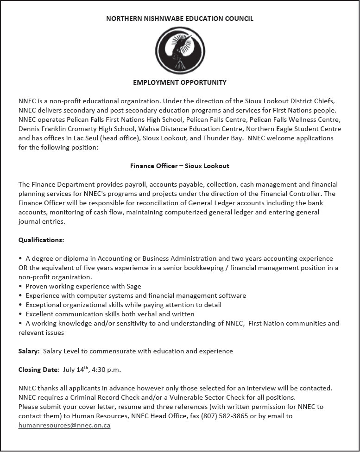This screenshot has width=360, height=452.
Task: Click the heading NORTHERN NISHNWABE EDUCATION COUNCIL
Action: pos(180,19)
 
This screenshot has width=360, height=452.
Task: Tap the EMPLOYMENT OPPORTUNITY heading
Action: pos(180,83)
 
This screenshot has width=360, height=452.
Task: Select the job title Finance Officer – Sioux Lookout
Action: pos(180,166)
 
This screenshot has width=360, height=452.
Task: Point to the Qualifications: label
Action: pos(41,240)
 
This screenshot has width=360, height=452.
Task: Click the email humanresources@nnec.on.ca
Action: pos(64,426)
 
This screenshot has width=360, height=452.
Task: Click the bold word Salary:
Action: pos(29,351)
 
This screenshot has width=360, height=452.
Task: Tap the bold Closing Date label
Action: pos(38,370)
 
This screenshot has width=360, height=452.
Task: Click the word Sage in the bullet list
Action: pos(133,286)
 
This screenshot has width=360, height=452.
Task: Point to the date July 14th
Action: pos(75,370)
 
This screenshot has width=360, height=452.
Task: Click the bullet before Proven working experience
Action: pos(20,286)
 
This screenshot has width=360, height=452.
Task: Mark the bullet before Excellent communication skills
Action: pos(20,314)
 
